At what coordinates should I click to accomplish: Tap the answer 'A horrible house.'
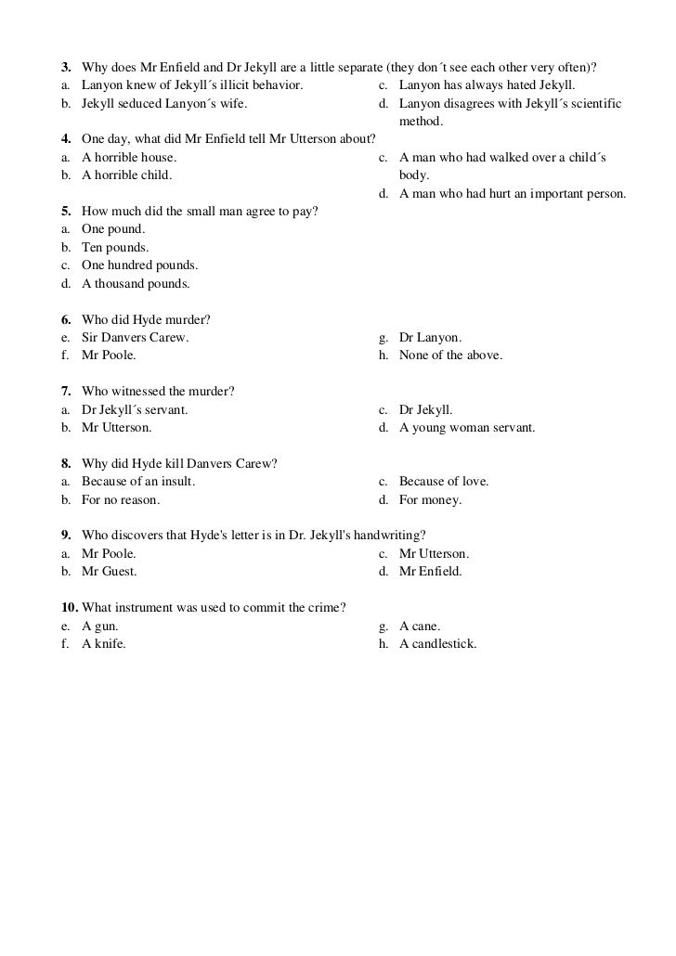coord(128,158)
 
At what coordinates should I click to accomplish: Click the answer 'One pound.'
coord(112,229)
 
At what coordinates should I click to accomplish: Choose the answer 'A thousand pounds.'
coord(136,283)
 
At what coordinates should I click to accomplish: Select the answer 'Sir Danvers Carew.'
coord(135,338)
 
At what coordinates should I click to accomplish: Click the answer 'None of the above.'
coord(450,355)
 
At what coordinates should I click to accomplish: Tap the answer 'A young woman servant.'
coord(467,428)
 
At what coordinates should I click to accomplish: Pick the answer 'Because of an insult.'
coord(138,482)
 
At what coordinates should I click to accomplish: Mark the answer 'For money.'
coord(430,499)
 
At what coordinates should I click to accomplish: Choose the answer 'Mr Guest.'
coord(110,572)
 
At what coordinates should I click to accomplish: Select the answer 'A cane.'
coord(420,626)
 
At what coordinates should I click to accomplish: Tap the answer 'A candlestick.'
coord(437,643)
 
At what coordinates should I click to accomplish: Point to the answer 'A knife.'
coord(104,643)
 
